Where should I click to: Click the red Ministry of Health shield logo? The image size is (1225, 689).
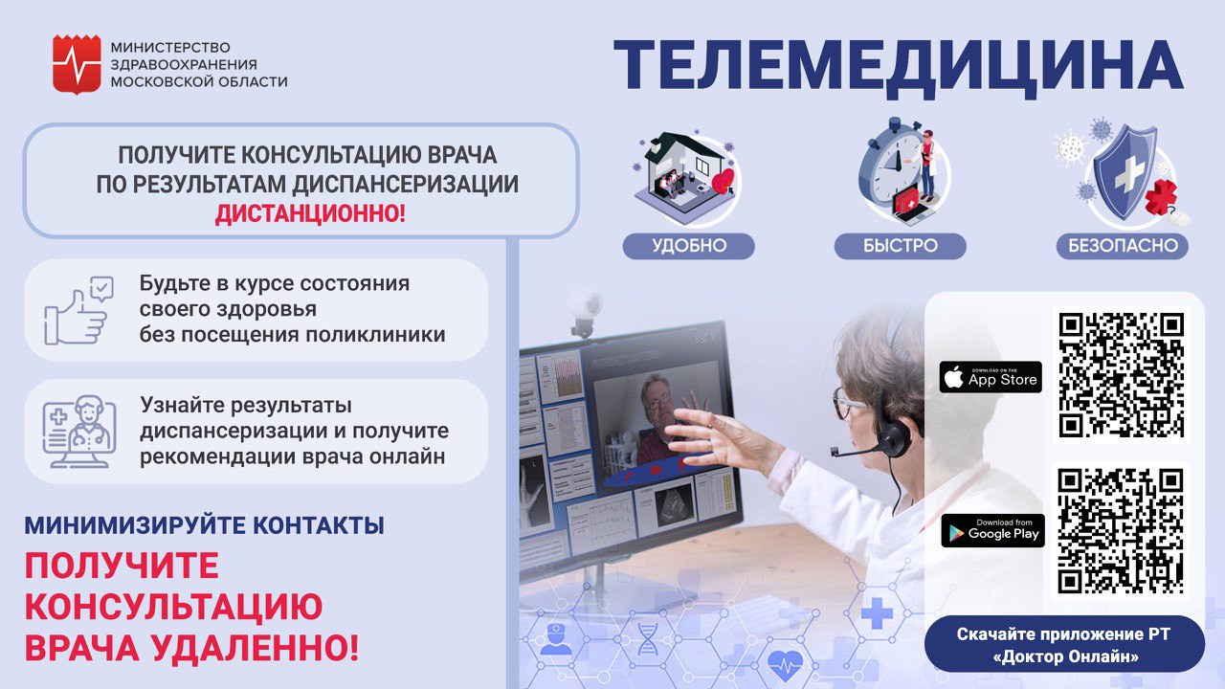[x=77, y=64]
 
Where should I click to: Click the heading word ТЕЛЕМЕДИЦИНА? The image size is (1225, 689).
[x=899, y=66]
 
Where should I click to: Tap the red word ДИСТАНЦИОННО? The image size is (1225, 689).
[x=310, y=213]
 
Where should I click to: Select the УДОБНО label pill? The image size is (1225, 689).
[x=688, y=246]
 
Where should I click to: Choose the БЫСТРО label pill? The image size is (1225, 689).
[x=901, y=246]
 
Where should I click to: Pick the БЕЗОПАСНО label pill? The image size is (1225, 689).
[x=1123, y=246]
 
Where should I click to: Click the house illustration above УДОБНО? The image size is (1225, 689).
[x=685, y=176]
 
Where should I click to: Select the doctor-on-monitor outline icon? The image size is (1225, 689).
[x=79, y=432]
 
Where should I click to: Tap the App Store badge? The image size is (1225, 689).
[x=991, y=377]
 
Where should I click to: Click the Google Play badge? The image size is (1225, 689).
[x=992, y=530]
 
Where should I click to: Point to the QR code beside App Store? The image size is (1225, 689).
[x=1121, y=375]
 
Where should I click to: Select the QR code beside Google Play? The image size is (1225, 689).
[x=1121, y=530]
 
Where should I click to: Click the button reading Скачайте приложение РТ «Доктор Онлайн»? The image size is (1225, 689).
[x=1064, y=644]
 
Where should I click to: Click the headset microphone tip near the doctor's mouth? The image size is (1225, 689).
[x=835, y=453]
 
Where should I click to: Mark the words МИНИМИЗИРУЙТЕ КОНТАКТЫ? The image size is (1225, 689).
[x=204, y=525]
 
